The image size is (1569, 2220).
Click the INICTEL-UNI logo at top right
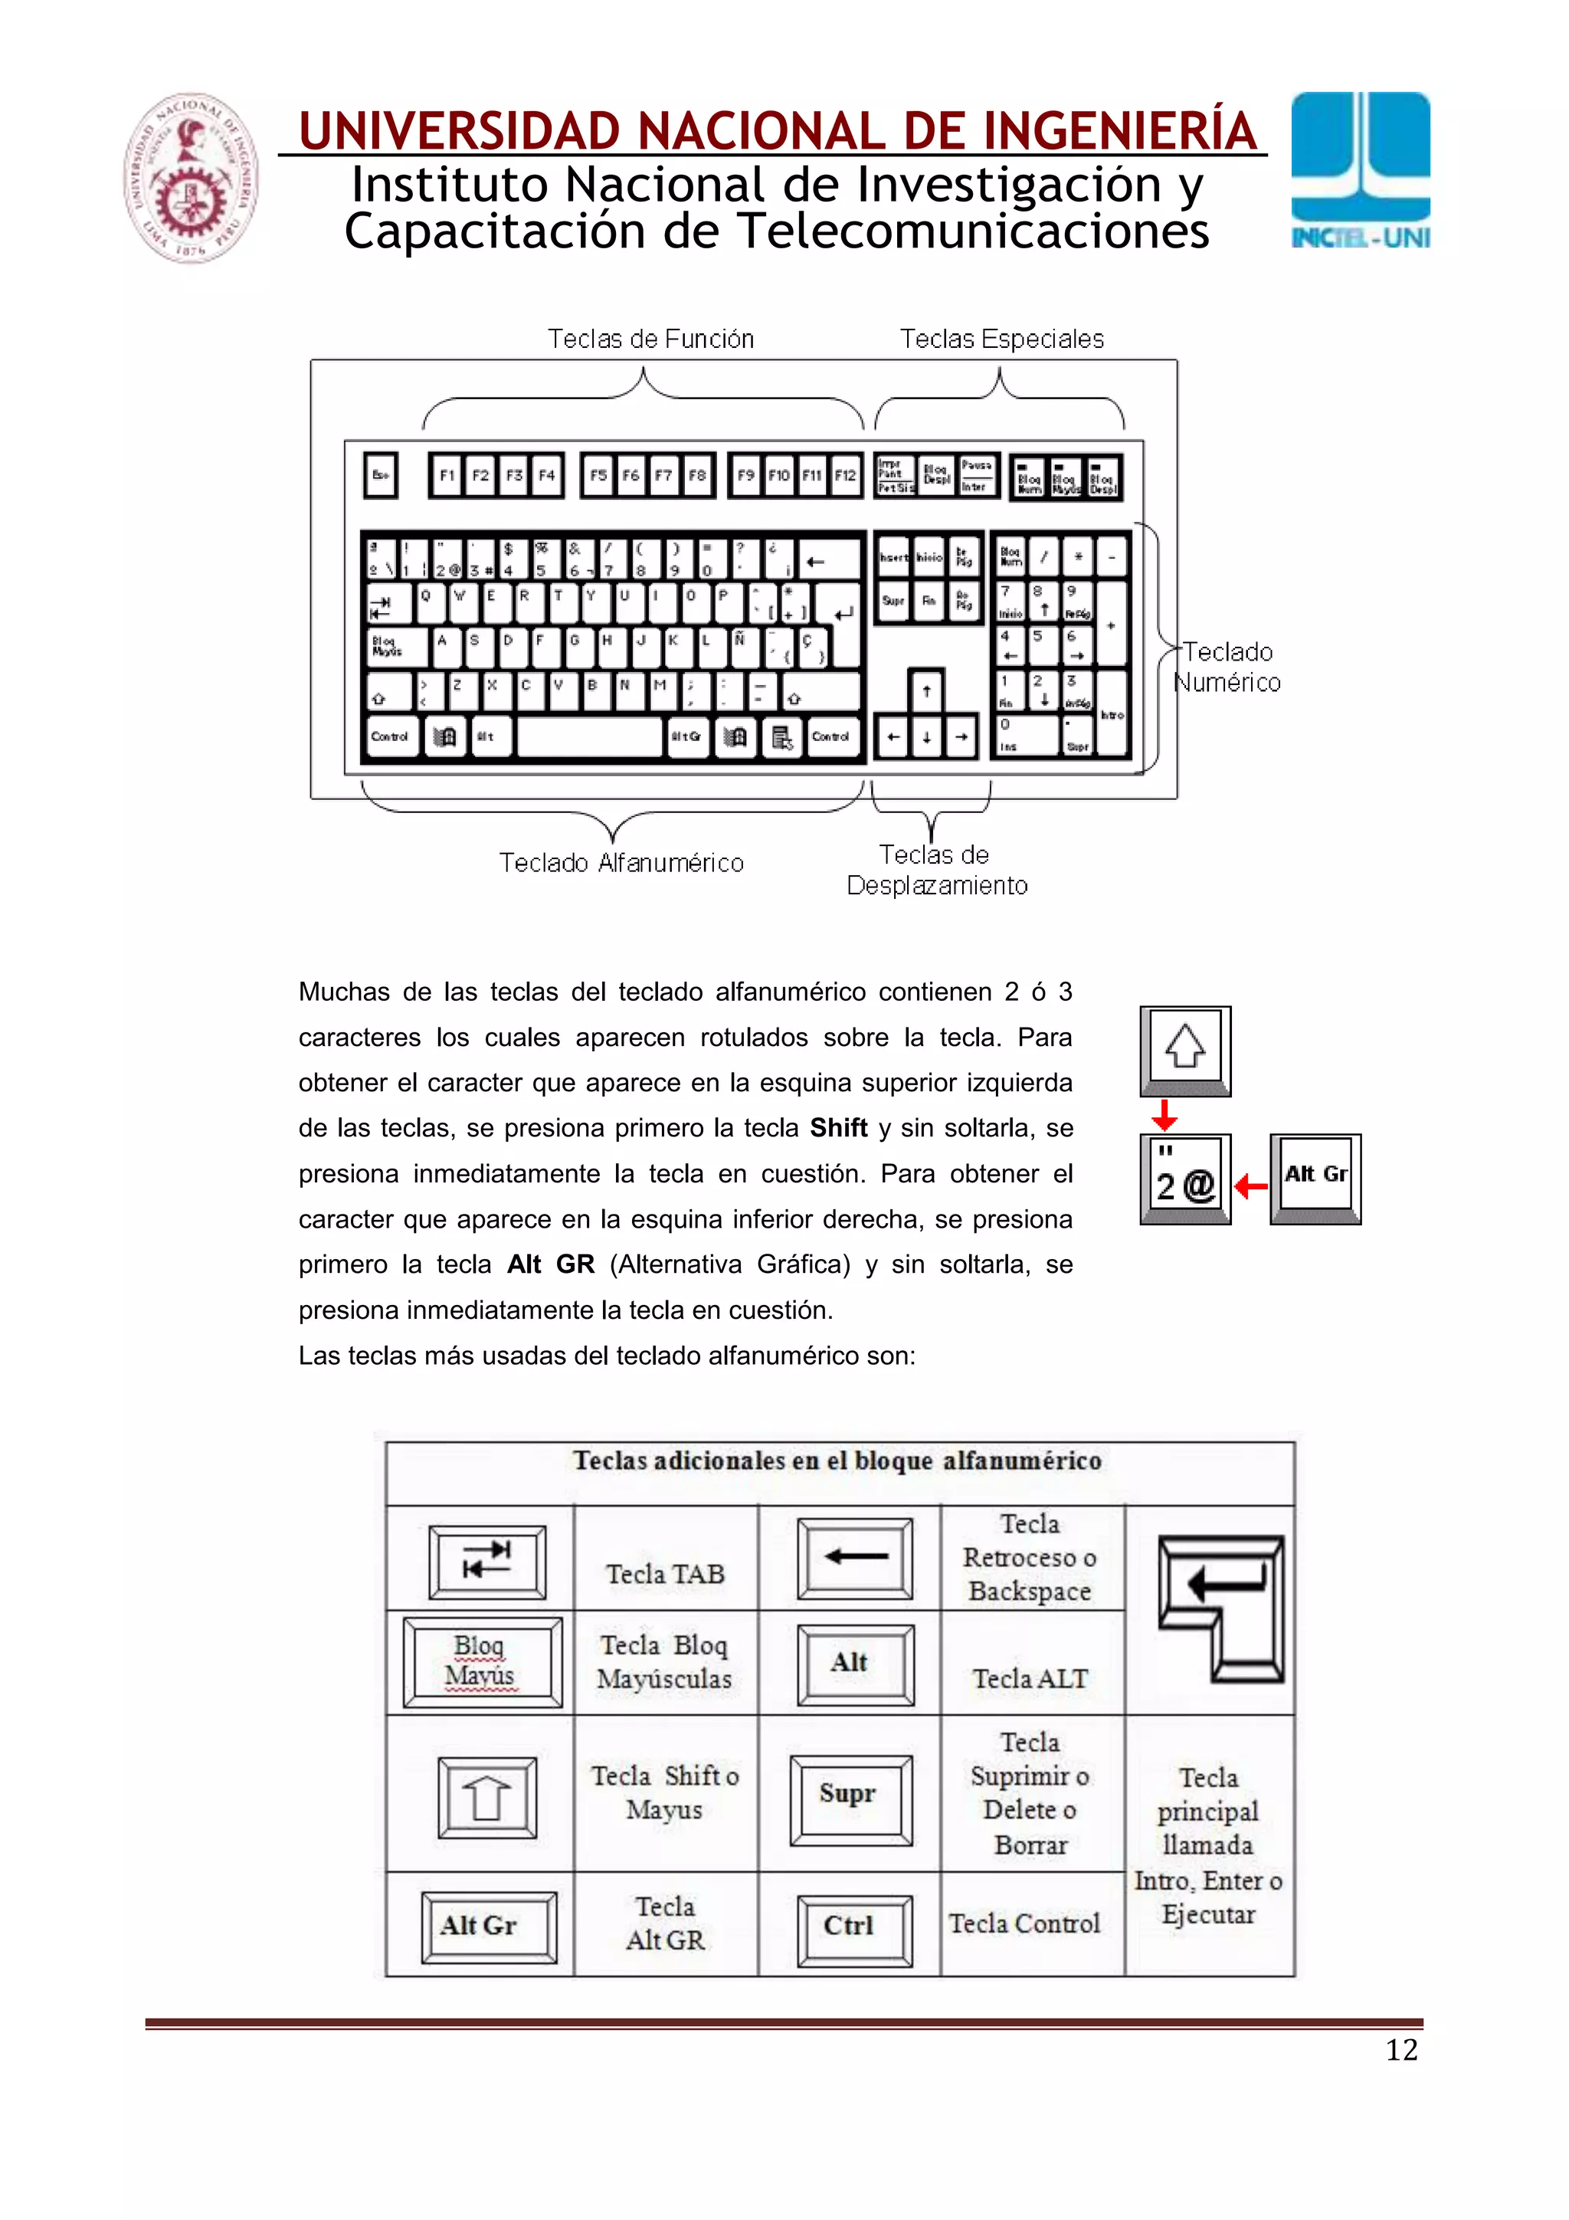(1359, 170)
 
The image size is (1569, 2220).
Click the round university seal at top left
(191, 178)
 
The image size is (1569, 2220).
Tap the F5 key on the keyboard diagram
(598, 476)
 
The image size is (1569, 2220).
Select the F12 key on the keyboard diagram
(845, 476)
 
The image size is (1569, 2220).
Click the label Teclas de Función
(650, 339)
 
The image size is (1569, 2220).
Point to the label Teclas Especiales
(1001, 339)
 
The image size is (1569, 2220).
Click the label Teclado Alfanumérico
(621, 862)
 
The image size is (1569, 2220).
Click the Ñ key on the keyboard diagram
(741, 646)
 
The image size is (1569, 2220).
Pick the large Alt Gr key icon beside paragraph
(1315, 1178)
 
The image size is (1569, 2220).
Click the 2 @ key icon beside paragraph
(1185, 1179)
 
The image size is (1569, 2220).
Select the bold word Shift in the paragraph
(838, 1128)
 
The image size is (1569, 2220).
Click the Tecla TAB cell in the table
(665, 1574)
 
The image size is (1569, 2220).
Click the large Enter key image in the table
(1222, 1609)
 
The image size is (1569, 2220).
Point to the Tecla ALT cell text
(1030, 1678)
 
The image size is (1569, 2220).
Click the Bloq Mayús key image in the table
(481, 1662)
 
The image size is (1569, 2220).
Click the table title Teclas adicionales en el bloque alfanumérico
(837, 1461)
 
